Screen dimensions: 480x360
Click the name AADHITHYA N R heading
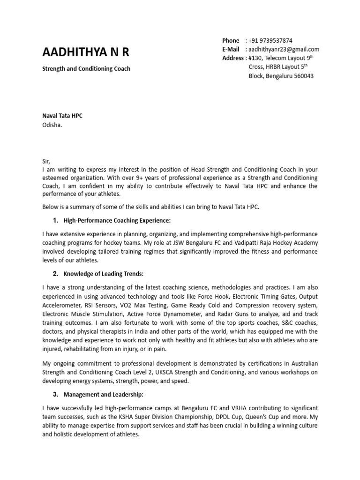click(85, 52)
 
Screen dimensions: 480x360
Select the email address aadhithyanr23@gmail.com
click(284, 49)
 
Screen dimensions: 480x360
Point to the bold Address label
click(233, 58)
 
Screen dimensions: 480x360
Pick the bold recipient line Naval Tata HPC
click(62, 115)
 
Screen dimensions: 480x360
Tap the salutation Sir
click(46, 161)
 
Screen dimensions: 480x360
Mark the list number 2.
click(55, 274)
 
